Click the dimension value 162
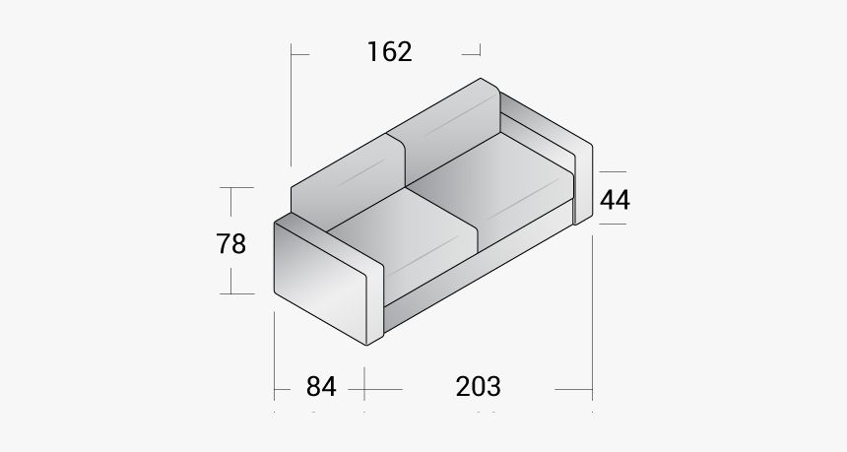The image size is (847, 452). [390, 51]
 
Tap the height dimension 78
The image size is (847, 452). [231, 242]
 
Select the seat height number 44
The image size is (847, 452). [615, 200]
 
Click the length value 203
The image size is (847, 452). [478, 387]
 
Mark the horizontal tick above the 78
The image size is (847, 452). [231, 188]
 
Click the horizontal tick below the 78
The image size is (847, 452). [231, 292]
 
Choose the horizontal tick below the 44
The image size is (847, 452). [612, 225]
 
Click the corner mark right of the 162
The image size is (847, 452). [477, 50]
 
